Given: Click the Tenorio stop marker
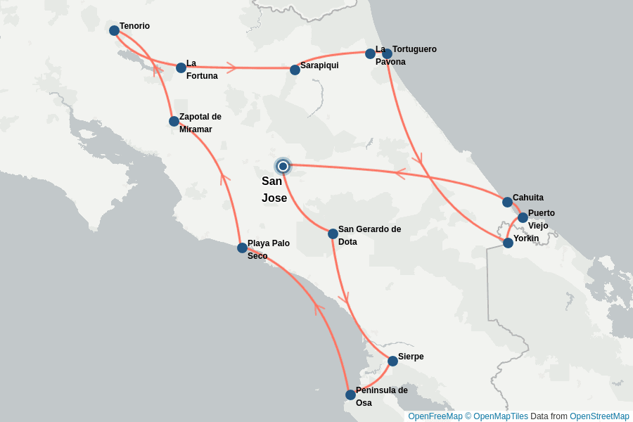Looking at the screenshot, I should click(114, 30).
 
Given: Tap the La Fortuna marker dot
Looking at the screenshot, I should click(181, 68).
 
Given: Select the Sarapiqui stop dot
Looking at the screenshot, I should click(295, 70).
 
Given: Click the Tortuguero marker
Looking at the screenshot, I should click(387, 53).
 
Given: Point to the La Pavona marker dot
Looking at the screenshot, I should click(370, 53).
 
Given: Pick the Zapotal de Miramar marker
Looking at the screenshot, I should click(174, 121).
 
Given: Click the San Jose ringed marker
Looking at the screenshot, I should click(283, 166).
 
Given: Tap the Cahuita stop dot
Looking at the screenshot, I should click(507, 202).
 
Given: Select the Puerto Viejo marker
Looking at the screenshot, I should click(523, 217).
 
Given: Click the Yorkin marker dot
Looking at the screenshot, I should click(508, 243).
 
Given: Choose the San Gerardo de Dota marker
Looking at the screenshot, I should click(333, 234).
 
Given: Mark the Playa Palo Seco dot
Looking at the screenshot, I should click(242, 248).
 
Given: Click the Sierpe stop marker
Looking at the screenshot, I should click(392, 361).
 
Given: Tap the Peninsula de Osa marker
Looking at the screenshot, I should click(350, 395).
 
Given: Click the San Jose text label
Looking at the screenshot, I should click(274, 189).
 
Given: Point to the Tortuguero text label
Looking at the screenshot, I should click(414, 49).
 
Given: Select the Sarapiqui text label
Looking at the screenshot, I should click(319, 65).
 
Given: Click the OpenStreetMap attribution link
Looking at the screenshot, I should click(599, 416).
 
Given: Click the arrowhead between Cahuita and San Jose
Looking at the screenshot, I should click(400, 172).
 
